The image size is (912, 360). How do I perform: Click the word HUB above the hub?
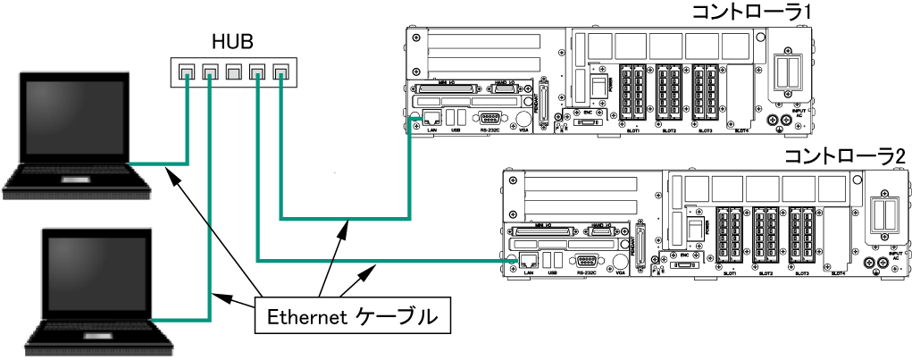point(232,41)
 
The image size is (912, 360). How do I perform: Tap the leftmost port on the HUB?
point(187,71)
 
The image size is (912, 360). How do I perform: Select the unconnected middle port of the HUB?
point(234,71)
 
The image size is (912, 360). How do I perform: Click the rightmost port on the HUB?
point(281,71)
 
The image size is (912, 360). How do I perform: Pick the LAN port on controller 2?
point(529,261)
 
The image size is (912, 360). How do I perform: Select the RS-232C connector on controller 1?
point(489,118)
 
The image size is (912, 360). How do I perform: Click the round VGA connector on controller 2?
point(620,262)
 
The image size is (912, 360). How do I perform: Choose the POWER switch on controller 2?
point(690,230)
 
